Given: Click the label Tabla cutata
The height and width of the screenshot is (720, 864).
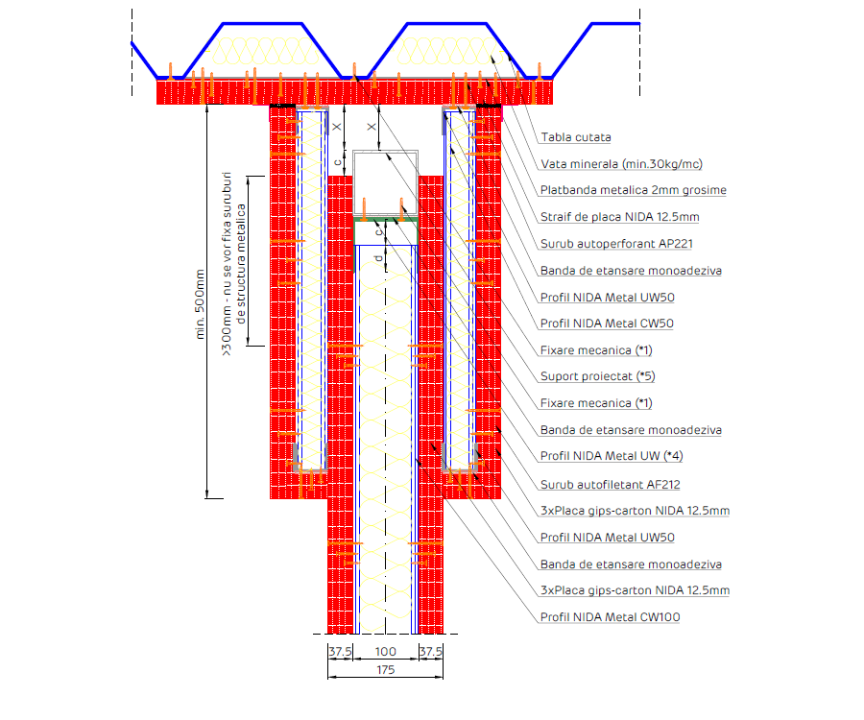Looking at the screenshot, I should (575, 137).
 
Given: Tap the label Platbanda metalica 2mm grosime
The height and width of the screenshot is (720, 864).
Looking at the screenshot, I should (633, 190).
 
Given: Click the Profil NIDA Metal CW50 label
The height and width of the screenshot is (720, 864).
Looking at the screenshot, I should (607, 324).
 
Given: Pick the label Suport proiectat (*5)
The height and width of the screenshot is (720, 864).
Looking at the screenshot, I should (597, 376).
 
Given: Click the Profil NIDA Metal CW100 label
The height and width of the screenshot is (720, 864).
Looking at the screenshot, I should (610, 617).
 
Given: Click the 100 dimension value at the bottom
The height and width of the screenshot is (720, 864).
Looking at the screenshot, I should (386, 652).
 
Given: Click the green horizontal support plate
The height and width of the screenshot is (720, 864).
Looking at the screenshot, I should (386, 220).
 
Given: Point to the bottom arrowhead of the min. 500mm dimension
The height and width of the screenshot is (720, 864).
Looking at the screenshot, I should (207, 494).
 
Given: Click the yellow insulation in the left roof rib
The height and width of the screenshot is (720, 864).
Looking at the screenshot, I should (257, 53).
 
